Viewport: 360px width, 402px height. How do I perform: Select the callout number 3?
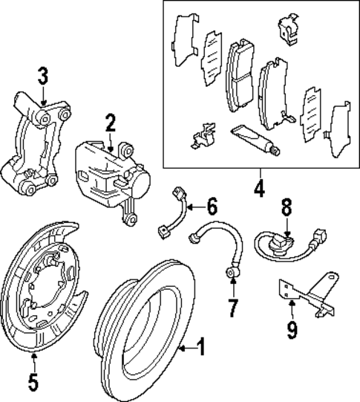tap(43, 77)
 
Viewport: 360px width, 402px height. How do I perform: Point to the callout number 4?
tap(258, 189)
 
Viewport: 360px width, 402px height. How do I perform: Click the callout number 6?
tap(212, 207)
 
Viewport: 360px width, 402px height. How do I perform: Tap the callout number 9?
tap(292, 328)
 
